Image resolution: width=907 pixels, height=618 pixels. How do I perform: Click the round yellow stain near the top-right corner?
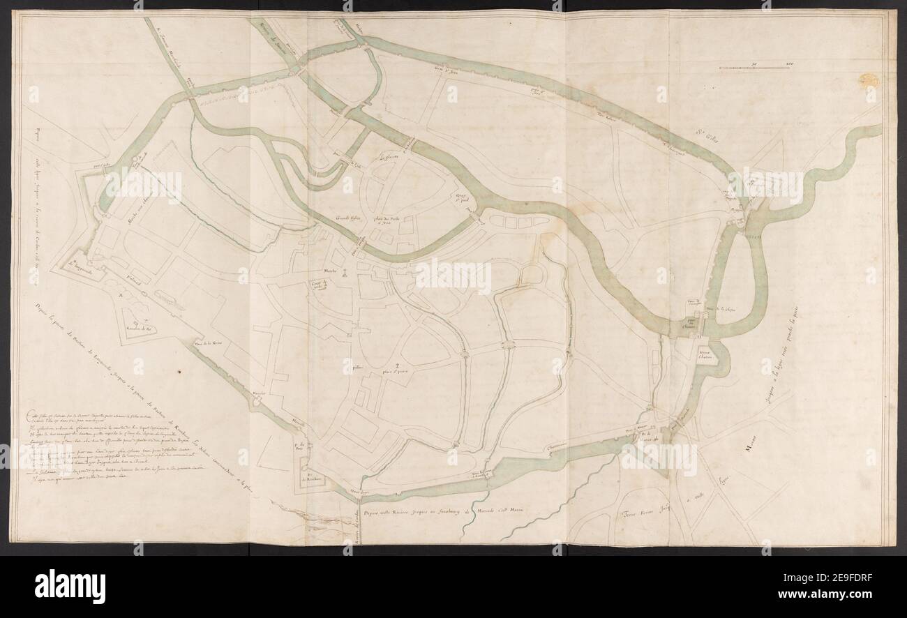pos(869,79)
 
